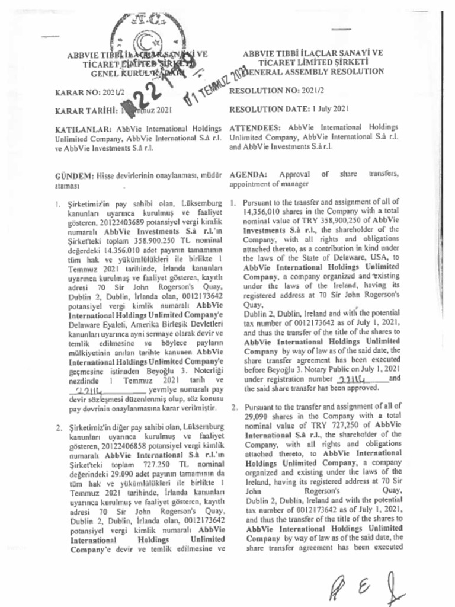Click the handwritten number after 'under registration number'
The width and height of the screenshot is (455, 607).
(353, 379)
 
